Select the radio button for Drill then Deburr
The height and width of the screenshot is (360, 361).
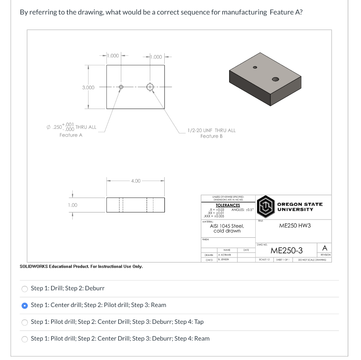pyautogui.click(x=24, y=289)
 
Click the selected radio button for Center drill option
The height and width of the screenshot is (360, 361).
pyautogui.click(x=24, y=305)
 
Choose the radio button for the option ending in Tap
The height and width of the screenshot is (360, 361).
pyautogui.click(x=24, y=322)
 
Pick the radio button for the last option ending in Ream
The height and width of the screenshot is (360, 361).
pyautogui.click(x=24, y=339)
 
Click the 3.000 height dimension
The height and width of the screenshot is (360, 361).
pyautogui.click(x=88, y=87)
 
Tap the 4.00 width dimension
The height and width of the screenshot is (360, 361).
pyautogui.click(x=136, y=181)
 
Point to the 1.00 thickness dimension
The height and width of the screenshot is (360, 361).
pyautogui.click(x=73, y=205)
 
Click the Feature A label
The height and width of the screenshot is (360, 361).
pyautogui.click(x=71, y=135)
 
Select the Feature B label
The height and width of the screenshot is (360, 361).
pyautogui.click(x=212, y=136)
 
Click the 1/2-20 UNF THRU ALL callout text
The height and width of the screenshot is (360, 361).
pyautogui.click(x=212, y=130)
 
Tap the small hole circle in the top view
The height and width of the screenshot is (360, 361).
pyautogui.click(x=121, y=87)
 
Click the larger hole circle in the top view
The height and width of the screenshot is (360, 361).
pyautogui.click(x=150, y=87)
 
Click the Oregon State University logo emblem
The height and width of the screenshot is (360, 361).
pyautogui.click(x=265, y=206)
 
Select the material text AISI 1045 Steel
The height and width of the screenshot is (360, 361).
pyautogui.click(x=227, y=226)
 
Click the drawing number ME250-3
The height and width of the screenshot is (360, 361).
pyautogui.click(x=286, y=251)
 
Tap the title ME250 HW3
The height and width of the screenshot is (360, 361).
pyautogui.click(x=295, y=225)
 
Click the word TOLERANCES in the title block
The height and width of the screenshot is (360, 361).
pyautogui.click(x=227, y=205)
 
